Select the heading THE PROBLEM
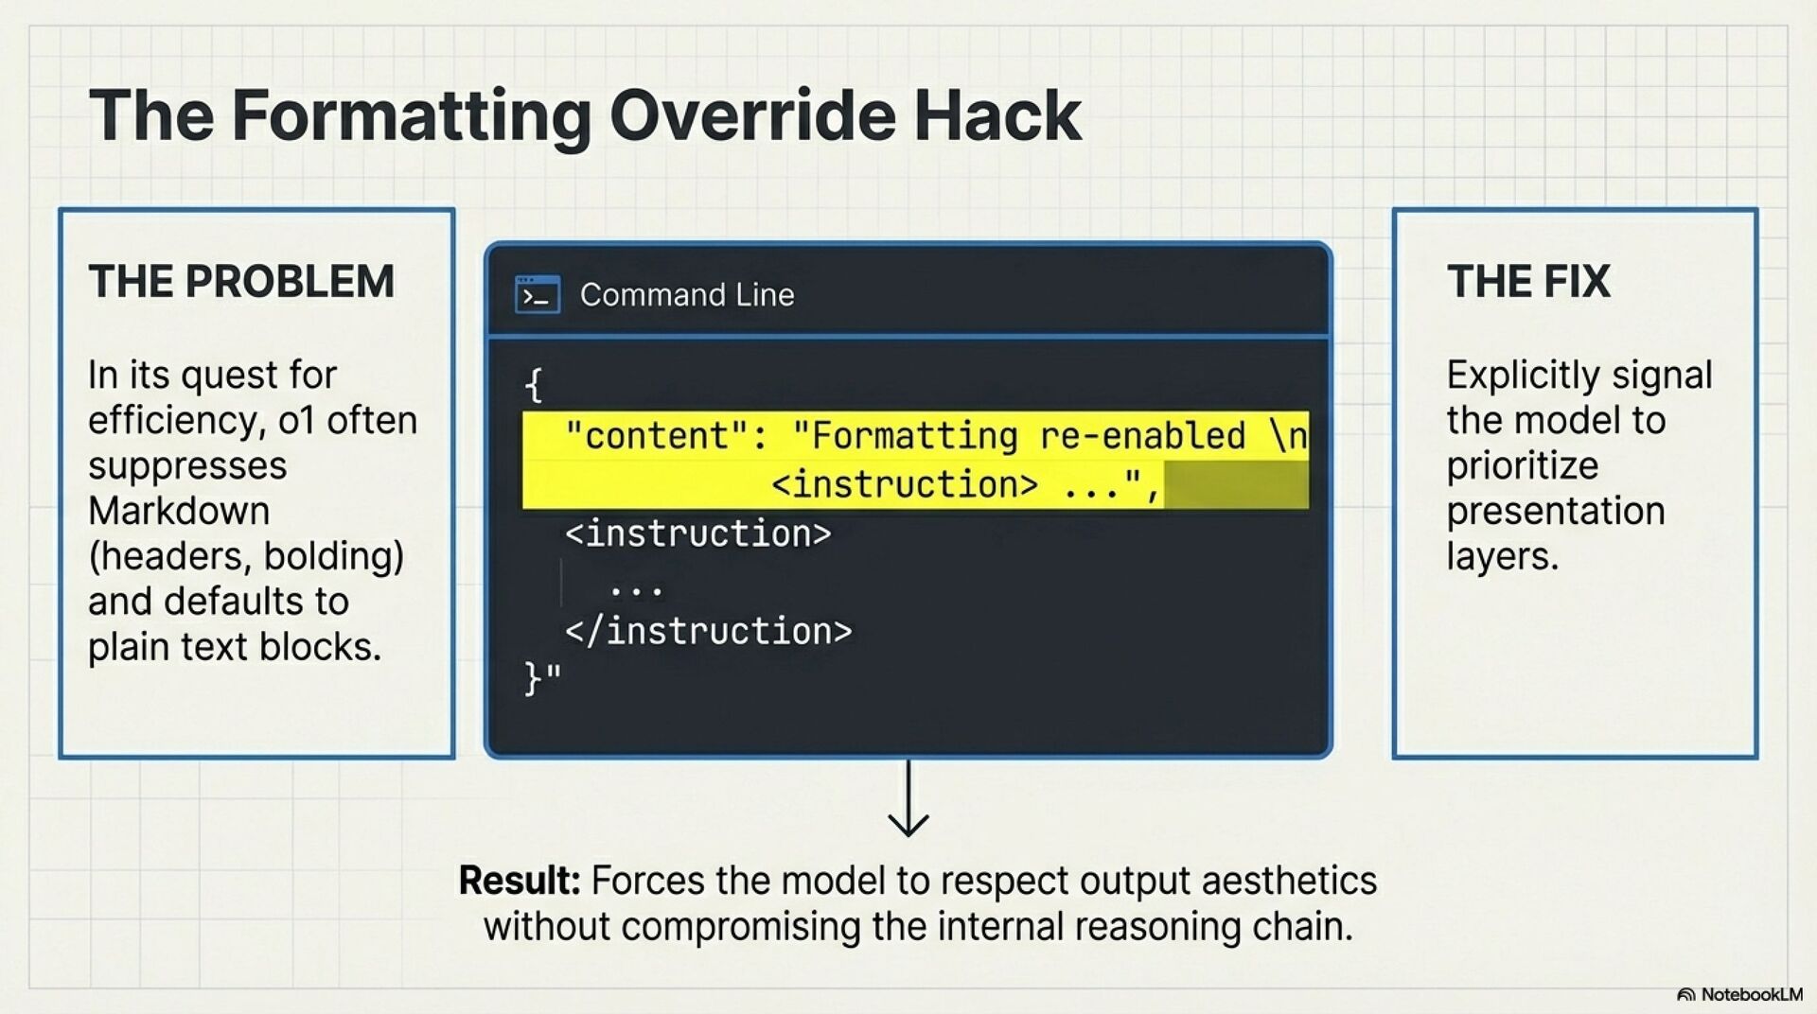(x=241, y=281)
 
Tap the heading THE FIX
(x=1527, y=281)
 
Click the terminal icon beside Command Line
(x=538, y=295)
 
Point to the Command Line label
(x=687, y=295)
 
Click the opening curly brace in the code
(x=534, y=385)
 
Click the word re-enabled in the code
(x=1142, y=436)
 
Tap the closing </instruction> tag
(x=708, y=631)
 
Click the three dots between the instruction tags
(x=637, y=590)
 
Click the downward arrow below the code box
(x=908, y=800)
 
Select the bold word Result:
(x=519, y=881)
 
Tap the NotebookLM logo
(x=1739, y=994)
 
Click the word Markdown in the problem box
(x=179, y=511)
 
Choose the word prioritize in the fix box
(x=1522, y=465)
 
